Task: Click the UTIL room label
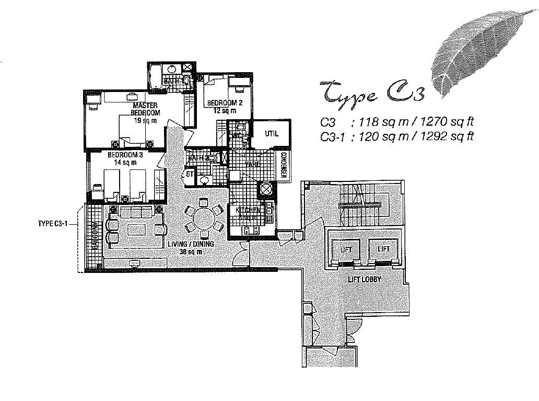click(272, 134)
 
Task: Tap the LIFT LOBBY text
click(365, 280)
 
